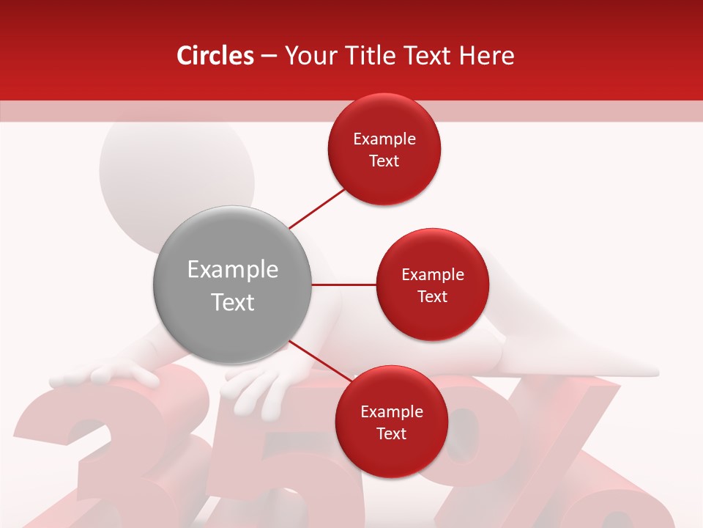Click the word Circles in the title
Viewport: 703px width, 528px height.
coord(215,56)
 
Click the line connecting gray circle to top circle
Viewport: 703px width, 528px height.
coord(317,208)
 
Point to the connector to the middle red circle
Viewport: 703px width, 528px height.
coord(343,285)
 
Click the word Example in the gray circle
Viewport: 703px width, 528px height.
coord(232,270)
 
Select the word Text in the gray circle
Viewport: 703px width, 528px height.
coord(232,302)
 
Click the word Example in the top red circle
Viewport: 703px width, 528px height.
coord(384,139)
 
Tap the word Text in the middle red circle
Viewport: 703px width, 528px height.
coord(432,296)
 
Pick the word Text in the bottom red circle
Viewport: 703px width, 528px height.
coord(391,433)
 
